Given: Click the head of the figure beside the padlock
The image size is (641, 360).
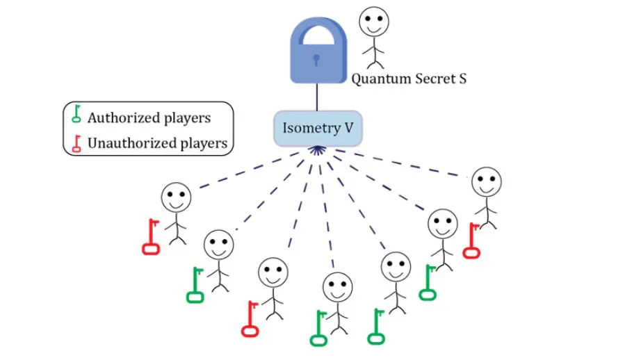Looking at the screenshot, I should [374, 22].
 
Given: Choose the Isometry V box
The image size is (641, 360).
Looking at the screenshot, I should [318, 129].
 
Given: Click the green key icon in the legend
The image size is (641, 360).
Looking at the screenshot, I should [76, 116].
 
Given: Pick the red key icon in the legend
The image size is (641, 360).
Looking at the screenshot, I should [76, 142].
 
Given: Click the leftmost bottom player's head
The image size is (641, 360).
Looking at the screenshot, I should [176, 197].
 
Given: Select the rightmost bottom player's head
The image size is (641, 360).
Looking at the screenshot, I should [487, 181].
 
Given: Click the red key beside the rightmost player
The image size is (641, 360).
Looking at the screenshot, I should [471, 240].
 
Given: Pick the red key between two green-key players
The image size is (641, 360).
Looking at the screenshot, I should [250, 319].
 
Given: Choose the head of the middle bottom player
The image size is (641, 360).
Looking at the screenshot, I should [337, 286].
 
